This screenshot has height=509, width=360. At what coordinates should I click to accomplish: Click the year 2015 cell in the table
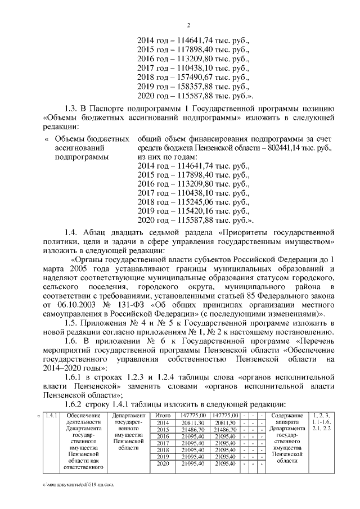162,429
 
